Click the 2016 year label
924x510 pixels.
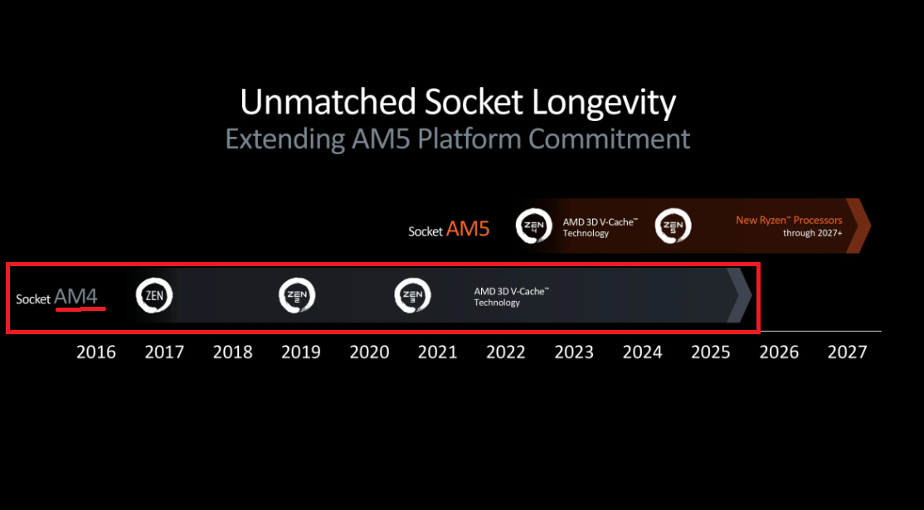click(x=96, y=352)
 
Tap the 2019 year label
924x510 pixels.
click(x=301, y=352)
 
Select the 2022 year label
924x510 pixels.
click(x=506, y=352)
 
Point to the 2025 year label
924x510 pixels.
click(x=711, y=352)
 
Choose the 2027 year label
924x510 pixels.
click(x=848, y=352)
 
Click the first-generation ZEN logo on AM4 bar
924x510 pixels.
click(x=153, y=296)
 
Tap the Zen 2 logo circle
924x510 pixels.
click(x=297, y=296)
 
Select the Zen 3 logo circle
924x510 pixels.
click(x=412, y=296)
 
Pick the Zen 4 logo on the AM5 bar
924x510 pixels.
click(x=534, y=226)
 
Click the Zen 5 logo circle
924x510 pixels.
click(x=673, y=226)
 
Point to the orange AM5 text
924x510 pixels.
click(x=468, y=229)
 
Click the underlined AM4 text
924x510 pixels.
click(x=76, y=296)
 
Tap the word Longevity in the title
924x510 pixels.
click(x=604, y=102)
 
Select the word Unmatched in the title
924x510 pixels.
click(x=328, y=102)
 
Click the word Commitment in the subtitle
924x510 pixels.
click(x=610, y=139)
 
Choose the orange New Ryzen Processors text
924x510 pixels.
click(x=789, y=221)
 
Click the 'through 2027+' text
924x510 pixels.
click(x=813, y=233)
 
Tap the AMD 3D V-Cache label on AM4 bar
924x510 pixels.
click(x=512, y=297)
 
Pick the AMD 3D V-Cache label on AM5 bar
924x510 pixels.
click(x=600, y=227)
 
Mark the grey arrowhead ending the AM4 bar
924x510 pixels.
click(x=740, y=296)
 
